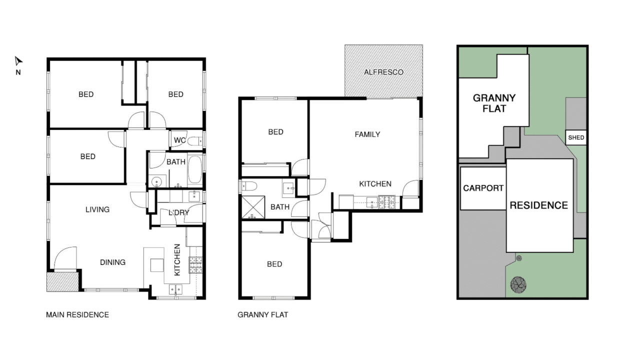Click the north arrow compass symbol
(18, 61)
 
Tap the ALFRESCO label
(383, 72)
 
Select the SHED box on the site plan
(576, 137)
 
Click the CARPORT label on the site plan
(483, 188)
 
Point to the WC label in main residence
(179, 140)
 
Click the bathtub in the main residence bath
(195, 169)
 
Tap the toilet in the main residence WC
(195, 141)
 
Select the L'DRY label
(179, 212)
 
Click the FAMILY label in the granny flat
(367, 134)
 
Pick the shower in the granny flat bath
(253, 207)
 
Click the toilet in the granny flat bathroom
(249, 186)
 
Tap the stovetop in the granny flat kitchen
(386, 201)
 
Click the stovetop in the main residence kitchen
(195, 265)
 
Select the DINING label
(112, 262)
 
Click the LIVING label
(97, 209)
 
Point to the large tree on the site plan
(518, 284)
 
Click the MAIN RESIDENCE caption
(77, 314)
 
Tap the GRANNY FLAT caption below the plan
(262, 314)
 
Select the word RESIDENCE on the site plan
(539, 205)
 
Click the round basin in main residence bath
(156, 182)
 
